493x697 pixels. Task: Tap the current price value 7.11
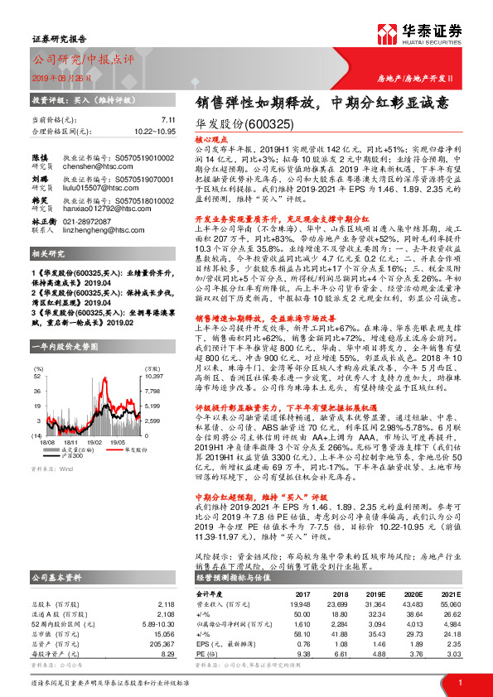tap(167, 119)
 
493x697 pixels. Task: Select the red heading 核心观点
tap(210, 141)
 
